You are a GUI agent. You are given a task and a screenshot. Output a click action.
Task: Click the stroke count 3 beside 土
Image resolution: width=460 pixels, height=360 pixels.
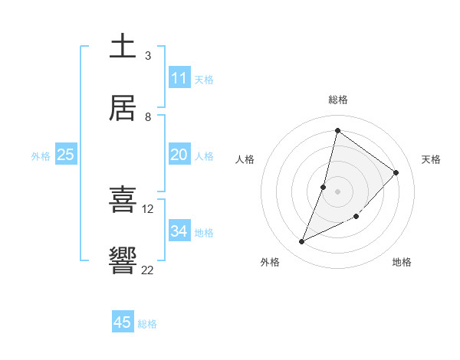(148, 55)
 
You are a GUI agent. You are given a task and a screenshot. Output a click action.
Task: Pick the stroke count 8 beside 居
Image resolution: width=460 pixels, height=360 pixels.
(148, 116)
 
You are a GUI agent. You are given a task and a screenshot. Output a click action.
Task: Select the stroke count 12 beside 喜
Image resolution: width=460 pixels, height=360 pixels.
(148, 208)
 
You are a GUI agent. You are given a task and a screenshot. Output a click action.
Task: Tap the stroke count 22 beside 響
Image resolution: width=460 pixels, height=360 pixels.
(148, 269)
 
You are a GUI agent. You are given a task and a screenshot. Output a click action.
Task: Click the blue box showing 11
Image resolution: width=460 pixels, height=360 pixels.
(179, 78)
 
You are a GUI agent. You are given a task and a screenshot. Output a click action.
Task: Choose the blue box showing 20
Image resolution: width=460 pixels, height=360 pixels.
(179, 155)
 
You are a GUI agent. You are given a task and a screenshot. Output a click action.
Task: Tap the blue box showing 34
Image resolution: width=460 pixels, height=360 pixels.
(179, 231)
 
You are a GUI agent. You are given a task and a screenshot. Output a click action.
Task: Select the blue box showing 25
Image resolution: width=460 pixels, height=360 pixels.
(65, 155)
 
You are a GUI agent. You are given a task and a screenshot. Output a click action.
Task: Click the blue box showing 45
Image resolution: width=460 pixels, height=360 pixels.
(123, 322)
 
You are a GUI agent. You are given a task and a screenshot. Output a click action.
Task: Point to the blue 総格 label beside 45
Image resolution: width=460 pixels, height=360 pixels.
(147, 324)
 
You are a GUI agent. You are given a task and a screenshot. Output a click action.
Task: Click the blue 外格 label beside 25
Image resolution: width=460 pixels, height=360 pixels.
(41, 156)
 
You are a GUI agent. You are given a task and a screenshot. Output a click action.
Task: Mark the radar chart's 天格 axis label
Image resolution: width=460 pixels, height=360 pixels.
(431, 159)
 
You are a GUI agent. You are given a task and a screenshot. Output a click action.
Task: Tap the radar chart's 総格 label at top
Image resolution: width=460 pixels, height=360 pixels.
(337, 100)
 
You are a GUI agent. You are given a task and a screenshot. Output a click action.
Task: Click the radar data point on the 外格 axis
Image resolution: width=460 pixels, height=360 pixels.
(302, 242)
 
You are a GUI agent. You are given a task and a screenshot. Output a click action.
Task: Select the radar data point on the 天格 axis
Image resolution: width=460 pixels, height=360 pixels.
(396, 172)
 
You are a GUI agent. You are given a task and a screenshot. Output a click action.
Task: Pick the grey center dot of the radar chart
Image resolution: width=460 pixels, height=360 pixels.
(337, 191)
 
